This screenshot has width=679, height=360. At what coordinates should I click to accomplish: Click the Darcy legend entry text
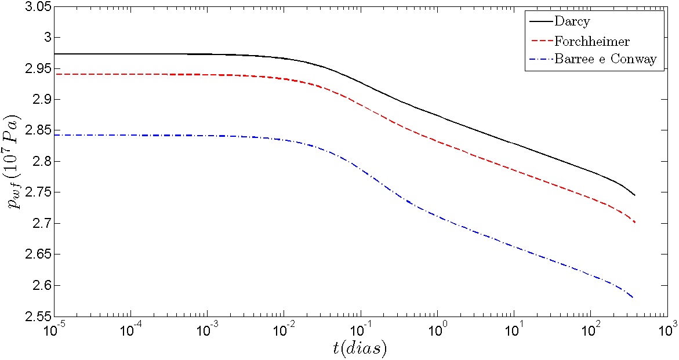point(571,22)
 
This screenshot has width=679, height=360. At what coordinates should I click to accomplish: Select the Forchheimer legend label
point(591,41)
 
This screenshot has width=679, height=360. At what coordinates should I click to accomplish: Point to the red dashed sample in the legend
point(539,41)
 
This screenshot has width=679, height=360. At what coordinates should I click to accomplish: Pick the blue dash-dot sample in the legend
point(539,59)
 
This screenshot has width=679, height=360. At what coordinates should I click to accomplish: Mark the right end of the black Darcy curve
point(635,195)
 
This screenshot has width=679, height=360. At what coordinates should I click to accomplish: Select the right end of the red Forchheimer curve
point(635,223)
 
